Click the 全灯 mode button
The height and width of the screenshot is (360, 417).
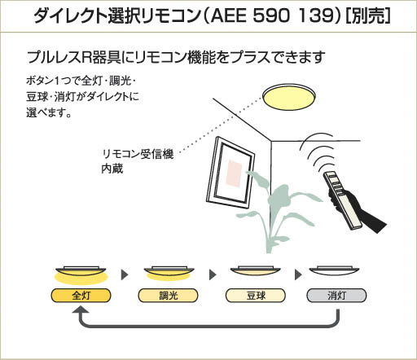click(x=81, y=296)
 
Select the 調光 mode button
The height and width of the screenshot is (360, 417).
click(x=168, y=296)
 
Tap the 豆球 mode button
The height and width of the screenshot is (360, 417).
click(x=256, y=296)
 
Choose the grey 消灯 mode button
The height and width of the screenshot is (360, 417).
click(x=336, y=296)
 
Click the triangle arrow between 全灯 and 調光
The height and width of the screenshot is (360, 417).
click(x=125, y=274)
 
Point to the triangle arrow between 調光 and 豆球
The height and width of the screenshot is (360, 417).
click(x=213, y=274)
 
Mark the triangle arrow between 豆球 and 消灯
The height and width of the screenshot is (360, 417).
click(x=298, y=274)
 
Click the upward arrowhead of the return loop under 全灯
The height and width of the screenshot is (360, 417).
click(x=81, y=310)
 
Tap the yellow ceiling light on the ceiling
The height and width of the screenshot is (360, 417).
click(x=289, y=97)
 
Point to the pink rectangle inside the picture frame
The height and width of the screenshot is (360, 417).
click(x=234, y=173)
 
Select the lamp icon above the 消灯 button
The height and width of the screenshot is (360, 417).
click(x=334, y=271)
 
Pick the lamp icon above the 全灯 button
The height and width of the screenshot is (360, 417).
click(x=81, y=274)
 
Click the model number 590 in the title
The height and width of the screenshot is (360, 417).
click(x=270, y=15)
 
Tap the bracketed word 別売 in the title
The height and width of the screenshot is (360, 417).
click(x=368, y=15)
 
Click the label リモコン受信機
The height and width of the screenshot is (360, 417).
click(x=138, y=154)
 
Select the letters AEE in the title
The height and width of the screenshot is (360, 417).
click(x=227, y=15)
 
